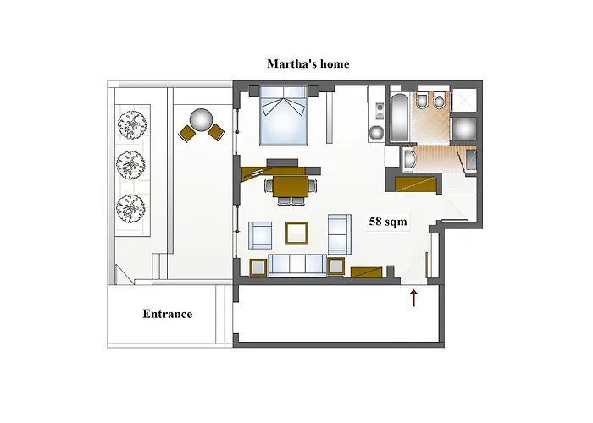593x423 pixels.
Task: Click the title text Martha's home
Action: click(308, 63)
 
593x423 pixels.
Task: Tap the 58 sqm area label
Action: click(389, 222)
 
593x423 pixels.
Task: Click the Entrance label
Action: click(167, 314)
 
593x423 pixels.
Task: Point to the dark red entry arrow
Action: click(413, 297)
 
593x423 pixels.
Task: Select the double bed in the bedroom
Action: click(284, 116)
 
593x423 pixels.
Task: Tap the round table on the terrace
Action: click(202, 119)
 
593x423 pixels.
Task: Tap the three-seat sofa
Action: click(296, 265)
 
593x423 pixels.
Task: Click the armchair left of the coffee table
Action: click(261, 233)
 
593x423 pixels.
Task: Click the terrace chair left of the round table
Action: click(186, 132)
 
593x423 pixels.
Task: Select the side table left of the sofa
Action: click(258, 267)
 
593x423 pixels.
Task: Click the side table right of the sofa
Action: click(335, 266)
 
